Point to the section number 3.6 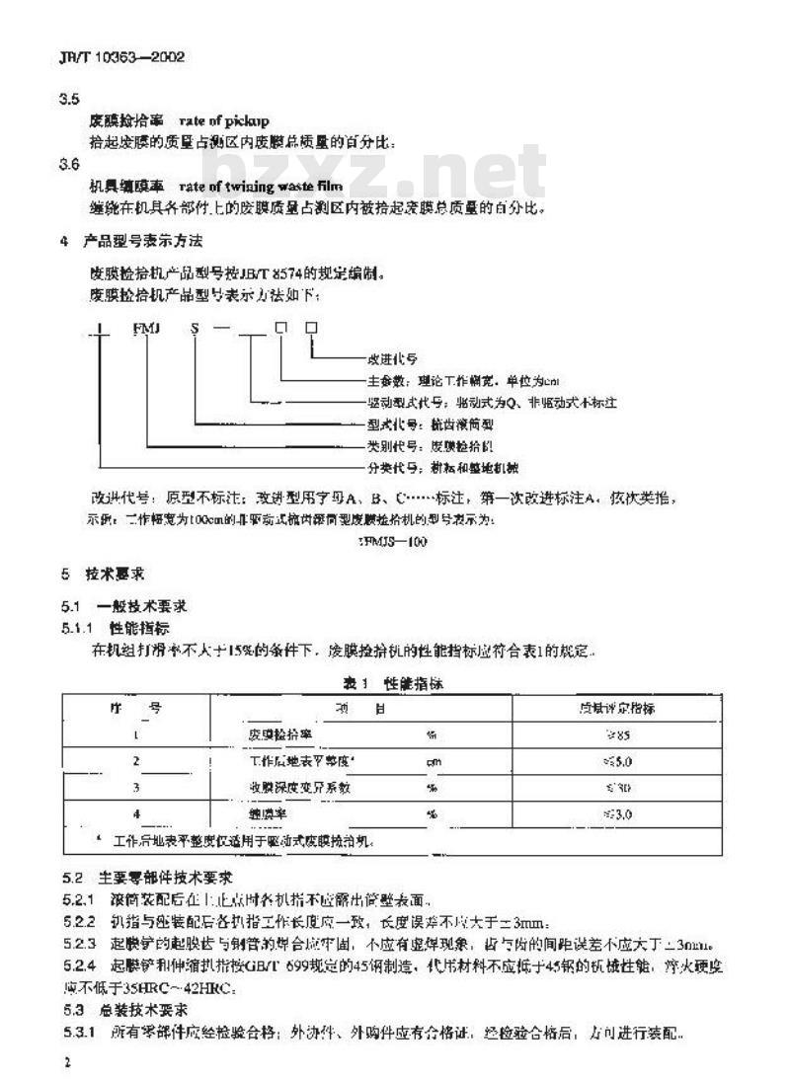(x=69, y=165)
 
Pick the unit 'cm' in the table (x=433, y=762)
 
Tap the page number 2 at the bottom (x=64, y=1062)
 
